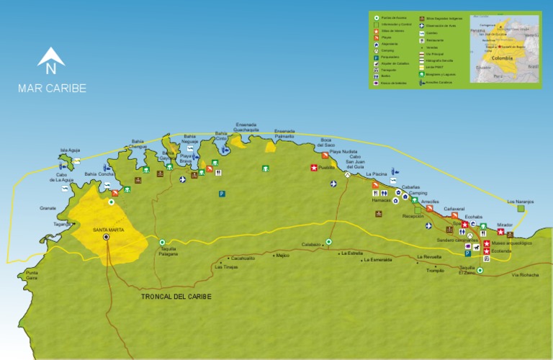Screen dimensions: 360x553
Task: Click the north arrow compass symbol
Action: click(x=51, y=60)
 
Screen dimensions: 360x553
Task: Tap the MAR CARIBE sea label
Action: click(x=52, y=89)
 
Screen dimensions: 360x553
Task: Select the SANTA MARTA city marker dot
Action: click(x=107, y=236)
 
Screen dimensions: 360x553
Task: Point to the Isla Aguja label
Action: click(x=69, y=150)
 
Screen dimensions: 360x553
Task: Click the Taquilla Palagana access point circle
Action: click(x=162, y=243)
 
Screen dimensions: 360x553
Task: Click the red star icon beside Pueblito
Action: click(x=313, y=168)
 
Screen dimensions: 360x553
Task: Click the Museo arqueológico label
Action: click(x=514, y=243)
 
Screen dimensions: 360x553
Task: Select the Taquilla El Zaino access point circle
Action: click(x=480, y=270)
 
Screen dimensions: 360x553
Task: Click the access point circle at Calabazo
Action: click(x=328, y=242)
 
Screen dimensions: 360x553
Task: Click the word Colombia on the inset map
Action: click(x=503, y=58)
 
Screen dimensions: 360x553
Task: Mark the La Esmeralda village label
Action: click(x=377, y=260)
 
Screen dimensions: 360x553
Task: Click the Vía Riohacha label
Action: click(x=525, y=275)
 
